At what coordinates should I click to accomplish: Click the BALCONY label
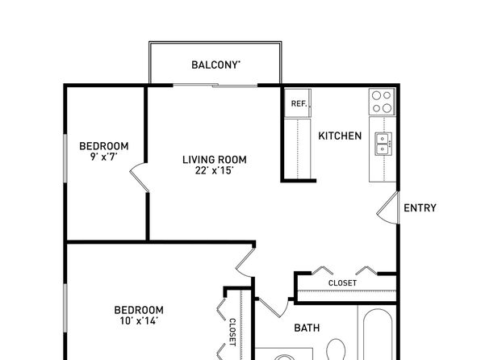215,65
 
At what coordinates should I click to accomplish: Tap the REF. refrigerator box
298,103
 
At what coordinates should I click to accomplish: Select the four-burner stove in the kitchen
382,102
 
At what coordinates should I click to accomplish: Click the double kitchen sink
383,144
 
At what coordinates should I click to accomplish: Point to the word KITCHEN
340,136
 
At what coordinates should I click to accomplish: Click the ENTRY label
420,208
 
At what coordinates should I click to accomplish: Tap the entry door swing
388,207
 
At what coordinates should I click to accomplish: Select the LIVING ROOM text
215,160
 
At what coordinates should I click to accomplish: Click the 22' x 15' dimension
215,170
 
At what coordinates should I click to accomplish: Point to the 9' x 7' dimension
104,157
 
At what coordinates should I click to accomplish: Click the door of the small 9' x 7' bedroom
139,178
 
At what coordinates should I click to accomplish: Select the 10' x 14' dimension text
139,320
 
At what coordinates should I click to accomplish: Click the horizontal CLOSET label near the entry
342,283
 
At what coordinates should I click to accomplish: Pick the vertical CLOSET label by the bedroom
232,333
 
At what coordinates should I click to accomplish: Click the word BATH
307,328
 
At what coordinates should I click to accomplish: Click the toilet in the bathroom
337,350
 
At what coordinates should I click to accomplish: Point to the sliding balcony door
215,86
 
